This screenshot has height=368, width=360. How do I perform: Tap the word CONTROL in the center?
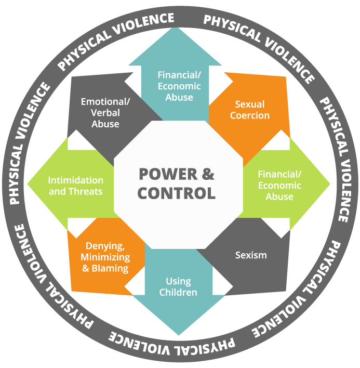tap(177, 193)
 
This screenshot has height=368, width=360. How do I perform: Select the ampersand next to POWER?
tap(207, 174)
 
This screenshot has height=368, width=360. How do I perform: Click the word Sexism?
tap(251, 255)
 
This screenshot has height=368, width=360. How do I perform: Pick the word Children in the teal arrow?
tap(178, 293)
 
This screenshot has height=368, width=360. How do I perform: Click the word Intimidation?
tap(76, 180)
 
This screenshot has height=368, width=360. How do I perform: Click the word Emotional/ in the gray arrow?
tap(104, 101)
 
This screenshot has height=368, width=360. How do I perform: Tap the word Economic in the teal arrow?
tap(176, 86)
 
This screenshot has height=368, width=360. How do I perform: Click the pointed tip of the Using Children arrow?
tap(178, 334)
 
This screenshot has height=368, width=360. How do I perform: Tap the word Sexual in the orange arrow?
tap(250, 104)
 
